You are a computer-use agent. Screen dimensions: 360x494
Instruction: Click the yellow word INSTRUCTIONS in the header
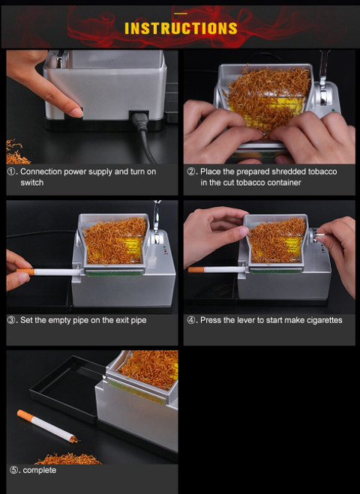[181, 28]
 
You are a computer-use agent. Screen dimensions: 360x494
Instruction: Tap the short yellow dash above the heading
[181, 13]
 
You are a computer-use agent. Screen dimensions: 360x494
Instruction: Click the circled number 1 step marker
[11, 172]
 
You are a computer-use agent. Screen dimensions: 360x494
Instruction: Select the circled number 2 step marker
[191, 172]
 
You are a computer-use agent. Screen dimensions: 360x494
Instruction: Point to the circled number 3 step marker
[11, 320]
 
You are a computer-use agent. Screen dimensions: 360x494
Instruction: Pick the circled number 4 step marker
[191, 320]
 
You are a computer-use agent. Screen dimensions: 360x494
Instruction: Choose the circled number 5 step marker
[13, 470]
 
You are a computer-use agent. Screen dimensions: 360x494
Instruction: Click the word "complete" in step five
[40, 471]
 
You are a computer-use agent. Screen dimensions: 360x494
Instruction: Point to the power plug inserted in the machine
[139, 121]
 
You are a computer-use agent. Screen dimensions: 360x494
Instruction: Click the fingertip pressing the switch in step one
[76, 112]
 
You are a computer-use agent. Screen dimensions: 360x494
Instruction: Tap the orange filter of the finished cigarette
[25, 416]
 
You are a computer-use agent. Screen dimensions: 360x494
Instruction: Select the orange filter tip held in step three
[25, 271]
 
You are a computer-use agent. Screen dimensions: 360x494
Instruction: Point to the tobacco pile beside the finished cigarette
[68, 459]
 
